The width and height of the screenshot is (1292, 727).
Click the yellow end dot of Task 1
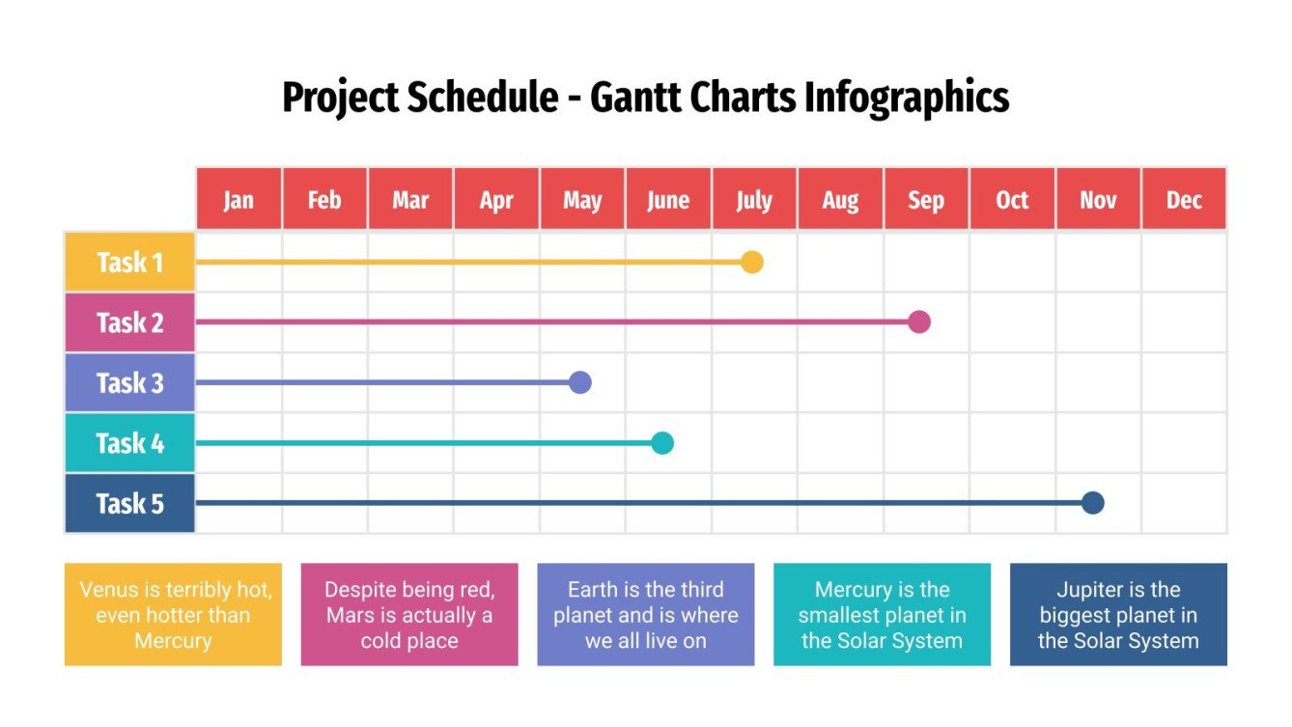pos(752,262)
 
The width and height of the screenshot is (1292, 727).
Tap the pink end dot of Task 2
pos(919,322)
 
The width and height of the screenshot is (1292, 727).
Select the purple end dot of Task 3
pos(579,382)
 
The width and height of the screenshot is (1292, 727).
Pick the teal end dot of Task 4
pos(661,443)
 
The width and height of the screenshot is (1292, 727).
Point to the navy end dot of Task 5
pos(1092,502)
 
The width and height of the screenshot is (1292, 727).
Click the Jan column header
pos(239,200)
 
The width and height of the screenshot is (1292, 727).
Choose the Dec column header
pos(1184,200)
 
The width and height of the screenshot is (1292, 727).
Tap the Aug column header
pos(840,200)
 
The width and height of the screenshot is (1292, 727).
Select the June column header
pos(668,200)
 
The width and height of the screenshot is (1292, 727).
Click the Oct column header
pos(1012,200)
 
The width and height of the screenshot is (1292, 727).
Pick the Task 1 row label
pos(129,262)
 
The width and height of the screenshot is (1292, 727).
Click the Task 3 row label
pos(129,383)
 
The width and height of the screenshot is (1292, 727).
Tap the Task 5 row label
pos(129,503)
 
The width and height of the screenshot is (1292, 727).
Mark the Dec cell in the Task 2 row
pos(1184,322)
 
